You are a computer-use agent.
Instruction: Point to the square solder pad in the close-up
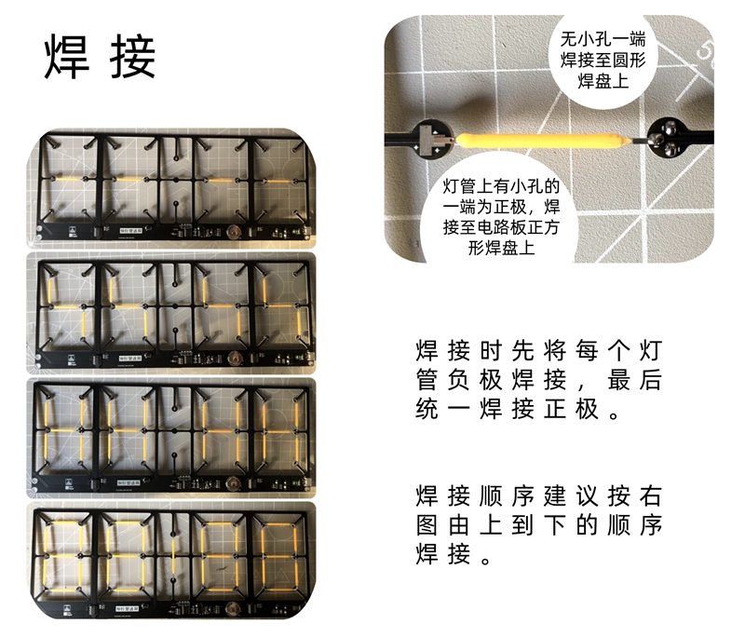[x=435, y=142]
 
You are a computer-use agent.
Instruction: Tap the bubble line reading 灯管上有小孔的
[x=498, y=185]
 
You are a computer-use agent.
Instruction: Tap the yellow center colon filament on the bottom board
[x=174, y=560]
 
